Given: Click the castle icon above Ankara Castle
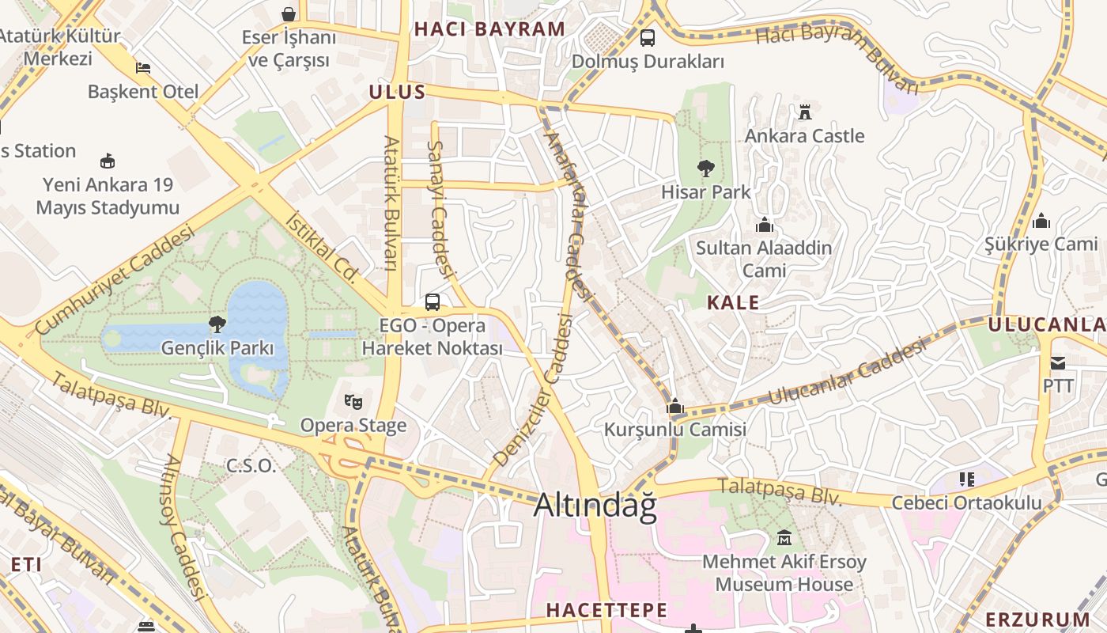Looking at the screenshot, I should pyautogui.click(x=805, y=112).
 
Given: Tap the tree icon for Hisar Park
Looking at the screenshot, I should pyautogui.click(x=706, y=168).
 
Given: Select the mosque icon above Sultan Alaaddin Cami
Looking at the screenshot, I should pyautogui.click(x=764, y=225).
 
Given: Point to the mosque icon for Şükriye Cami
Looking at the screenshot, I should pyautogui.click(x=1041, y=220).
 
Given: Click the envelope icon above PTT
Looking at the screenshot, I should pyautogui.click(x=1058, y=363).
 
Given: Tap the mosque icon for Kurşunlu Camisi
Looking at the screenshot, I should pyautogui.click(x=674, y=407).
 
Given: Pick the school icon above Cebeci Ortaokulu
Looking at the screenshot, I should pyautogui.click(x=966, y=479).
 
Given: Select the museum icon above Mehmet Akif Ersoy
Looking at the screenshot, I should pyautogui.click(x=784, y=538).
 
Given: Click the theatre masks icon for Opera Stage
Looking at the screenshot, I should pyautogui.click(x=353, y=402).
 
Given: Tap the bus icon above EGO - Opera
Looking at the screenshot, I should pyautogui.click(x=433, y=301).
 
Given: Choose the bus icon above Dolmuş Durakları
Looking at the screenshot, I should pyautogui.click(x=648, y=37).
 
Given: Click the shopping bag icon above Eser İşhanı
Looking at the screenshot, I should pyautogui.click(x=289, y=13).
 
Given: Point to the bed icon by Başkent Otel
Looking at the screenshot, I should pyautogui.click(x=143, y=68).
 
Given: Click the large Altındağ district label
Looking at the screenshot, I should pyautogui.click(x=595, y=506).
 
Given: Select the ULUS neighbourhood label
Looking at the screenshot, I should pyautogui.click(x=398, y=92).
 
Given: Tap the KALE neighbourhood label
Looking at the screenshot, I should pyautogui.click(x=733, y=302).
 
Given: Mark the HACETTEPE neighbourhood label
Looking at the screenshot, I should pyautogui.click(x=606, y=610).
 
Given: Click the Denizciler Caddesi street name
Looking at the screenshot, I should pyautogui.click(x=533, y=389).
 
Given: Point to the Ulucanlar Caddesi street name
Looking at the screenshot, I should pyautogui.click(x=846, y=372).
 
